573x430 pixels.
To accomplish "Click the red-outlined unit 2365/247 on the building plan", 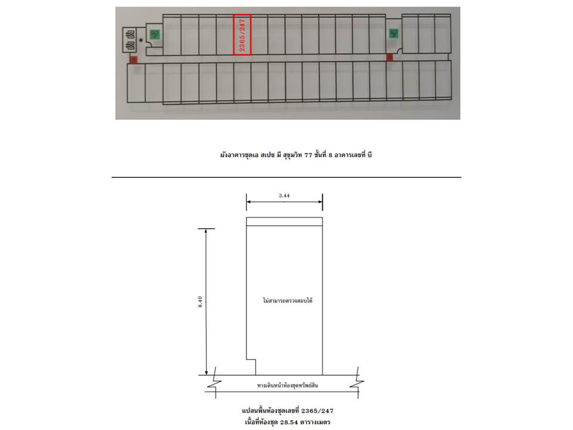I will coord(242,35).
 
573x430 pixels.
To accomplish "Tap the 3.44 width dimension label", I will coord(285,195).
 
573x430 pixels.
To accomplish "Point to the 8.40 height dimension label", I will coord(200,302).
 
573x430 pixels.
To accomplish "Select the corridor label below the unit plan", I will coord(288,385).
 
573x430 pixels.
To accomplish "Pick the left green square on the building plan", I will coord(155,35).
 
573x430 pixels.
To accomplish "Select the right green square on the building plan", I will coord(394,33).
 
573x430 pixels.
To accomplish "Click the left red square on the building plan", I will coord(133,59).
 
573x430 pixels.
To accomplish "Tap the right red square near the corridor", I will coord(389,57).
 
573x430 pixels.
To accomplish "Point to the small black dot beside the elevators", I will coord(141,40).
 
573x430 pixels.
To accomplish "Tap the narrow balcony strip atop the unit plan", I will coord(285,222).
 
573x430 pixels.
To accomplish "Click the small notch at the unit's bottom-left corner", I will coord(251,367).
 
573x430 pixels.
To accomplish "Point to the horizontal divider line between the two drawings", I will coord(286,177).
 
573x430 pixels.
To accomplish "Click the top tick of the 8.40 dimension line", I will coord(206,229).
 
